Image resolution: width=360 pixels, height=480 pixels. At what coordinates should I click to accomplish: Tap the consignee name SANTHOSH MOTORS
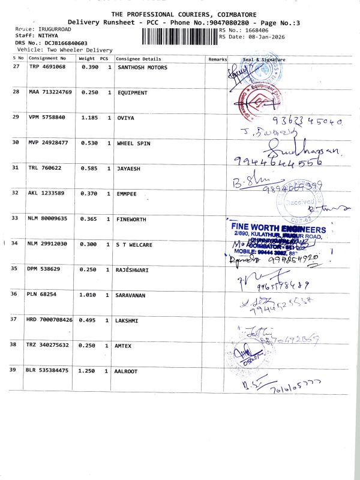point(142,67)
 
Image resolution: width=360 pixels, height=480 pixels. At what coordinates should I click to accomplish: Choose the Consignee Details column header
point(139,59)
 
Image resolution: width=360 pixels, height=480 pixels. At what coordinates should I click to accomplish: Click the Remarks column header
point(217,59)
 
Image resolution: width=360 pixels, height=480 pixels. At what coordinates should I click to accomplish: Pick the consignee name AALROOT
point(126,371)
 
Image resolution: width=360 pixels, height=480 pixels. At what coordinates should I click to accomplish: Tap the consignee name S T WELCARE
point(135,244)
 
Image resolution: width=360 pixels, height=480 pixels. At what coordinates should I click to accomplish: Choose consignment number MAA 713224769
point(50,92)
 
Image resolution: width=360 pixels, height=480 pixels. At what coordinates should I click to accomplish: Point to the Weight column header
point(87,59)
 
